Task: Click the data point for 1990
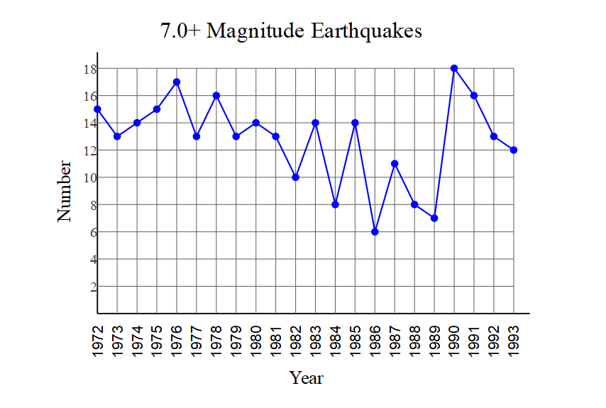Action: click(454, 68)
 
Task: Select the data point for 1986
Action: click(375, 232)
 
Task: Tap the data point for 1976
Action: click(177, 82)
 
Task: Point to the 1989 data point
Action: click(434, 218)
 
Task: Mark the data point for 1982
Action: click(296, 177)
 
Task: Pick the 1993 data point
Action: click(514, 150)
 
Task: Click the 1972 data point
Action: click(97, 109)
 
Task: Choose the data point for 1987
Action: click(395, 164)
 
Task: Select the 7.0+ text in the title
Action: click(181, 31)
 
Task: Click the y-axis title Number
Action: click(65, 191)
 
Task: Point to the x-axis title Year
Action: click(307, 377)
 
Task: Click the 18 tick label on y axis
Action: click(89, 69)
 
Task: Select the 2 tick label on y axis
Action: click(92, 287)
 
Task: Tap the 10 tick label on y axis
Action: click(89, 177)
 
